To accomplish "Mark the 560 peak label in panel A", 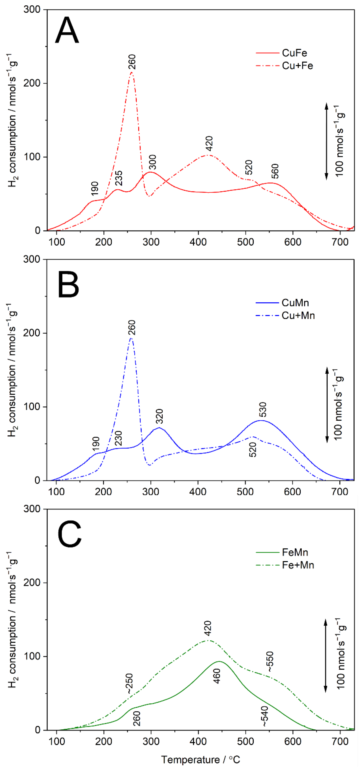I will [x=275, y=171].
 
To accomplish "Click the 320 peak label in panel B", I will [x=159, y=416].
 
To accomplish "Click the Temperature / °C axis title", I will [x=200, y=759].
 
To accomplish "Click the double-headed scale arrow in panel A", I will [x=326, y=141].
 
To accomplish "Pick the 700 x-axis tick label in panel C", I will [x=340, y=741].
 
